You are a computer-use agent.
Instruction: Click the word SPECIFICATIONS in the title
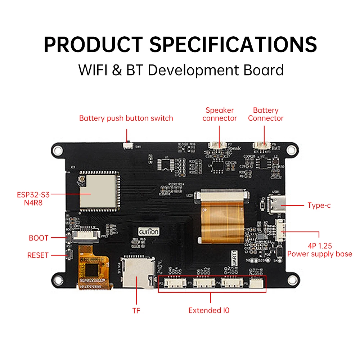click(233, 44)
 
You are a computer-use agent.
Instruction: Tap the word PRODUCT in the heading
click(93, 44)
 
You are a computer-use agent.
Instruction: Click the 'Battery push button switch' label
click(126, 118)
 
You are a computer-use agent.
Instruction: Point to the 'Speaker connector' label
click(220, 114)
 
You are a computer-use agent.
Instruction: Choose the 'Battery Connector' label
click(266, 114)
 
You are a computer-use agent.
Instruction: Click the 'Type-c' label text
click(319, 206)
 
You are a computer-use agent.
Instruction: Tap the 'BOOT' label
click(39, 238)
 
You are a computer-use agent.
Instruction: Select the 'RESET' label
click(38, 255)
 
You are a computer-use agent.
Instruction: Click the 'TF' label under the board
click(136, 311)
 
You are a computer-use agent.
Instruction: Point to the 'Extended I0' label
click(209, 310)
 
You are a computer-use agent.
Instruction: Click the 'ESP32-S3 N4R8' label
click(33, 198)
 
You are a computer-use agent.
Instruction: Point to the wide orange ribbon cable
click(222, 220)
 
